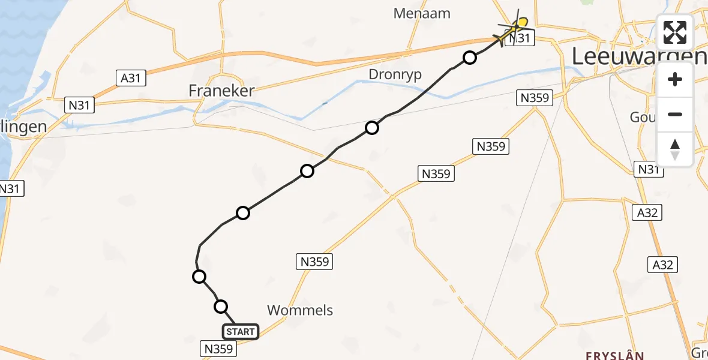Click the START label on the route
[x=241, y=331]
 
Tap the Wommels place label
[x=299, y=310]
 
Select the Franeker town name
[x=221, y=91]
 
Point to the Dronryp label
[x=395, y=74]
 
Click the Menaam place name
[x=422, y=13]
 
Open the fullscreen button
[x=675, y=32]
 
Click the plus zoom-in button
[x=675, y=79]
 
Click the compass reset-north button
[x=675, y=149]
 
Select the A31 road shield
[x=130, y=77]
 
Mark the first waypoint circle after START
[x=221, y=307]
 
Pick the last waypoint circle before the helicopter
[x=470, y=58]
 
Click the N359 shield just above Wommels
[x=314, y=261]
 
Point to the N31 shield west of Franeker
[x=79, y=106]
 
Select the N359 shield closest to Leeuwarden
[x=534, y=97]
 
